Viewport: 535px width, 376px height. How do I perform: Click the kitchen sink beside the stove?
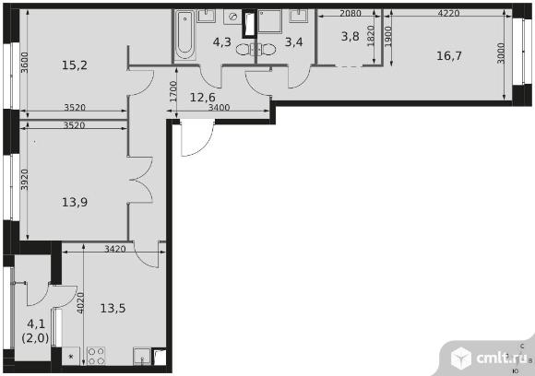click(x=141, y=356)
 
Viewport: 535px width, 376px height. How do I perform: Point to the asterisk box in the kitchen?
click(x=70, y=356)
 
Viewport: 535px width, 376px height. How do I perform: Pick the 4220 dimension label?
click(x=448, y=13)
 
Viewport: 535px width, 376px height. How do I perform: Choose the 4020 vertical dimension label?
click(x=82, y=303)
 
